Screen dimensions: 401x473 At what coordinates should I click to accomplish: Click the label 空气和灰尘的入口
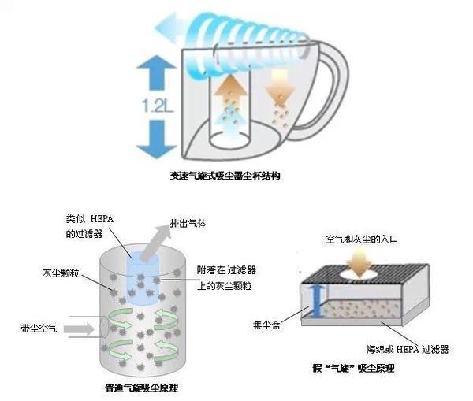click(358, 237)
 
